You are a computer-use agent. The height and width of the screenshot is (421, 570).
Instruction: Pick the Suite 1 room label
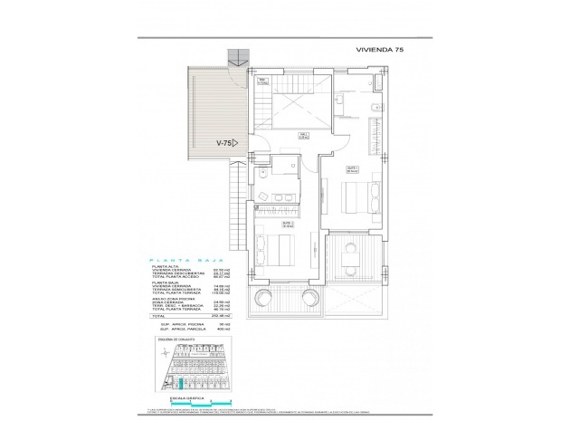354,169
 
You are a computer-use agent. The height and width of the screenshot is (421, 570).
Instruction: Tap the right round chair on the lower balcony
285,298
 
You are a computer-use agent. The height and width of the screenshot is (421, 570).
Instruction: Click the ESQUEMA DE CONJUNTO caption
180,341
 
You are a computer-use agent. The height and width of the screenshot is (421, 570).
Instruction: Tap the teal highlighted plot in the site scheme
179,387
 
